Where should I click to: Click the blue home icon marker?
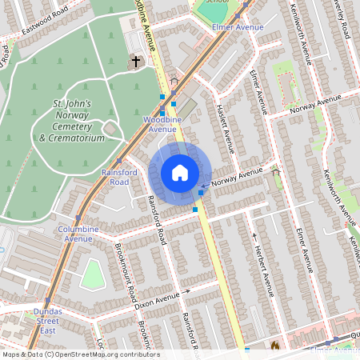click(x=180, y=172)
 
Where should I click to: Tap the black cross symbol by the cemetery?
click(x=136, y=61)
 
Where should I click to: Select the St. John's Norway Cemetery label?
click(x=72, y=121)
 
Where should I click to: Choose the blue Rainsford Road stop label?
click(x=120, y=177)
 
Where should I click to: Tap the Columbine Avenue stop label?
click(x=78, y=233)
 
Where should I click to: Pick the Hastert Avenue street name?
click(x=226, y=127)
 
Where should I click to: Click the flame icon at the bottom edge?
click(x=275, y=346)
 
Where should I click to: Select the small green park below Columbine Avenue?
click(x=94, y=274)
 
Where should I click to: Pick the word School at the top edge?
click(x=215, y=2)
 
